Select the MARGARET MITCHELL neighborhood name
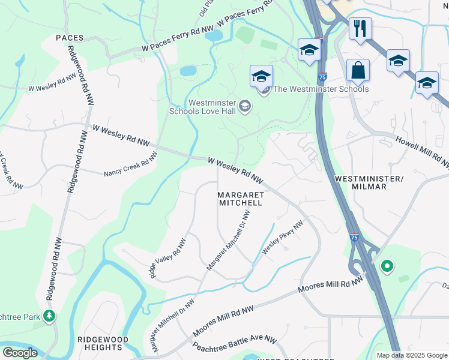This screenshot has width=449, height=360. coord(240,199)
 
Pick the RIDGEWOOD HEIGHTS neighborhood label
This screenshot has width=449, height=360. coord(103,343)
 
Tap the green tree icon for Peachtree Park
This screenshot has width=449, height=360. coord(49,316)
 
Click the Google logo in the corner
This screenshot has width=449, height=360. coord(19,353)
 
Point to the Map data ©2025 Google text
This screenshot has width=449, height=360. coord(411,355)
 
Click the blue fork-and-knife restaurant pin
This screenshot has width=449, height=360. coord(360,28)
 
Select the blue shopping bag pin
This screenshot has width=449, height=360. coord(358,70)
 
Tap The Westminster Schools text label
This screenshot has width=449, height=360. coord(321,89)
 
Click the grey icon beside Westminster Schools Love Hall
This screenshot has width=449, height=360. coord(244,106)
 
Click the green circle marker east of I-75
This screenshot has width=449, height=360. coord(387,265)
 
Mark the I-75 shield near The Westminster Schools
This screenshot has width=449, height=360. coord(322,77)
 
